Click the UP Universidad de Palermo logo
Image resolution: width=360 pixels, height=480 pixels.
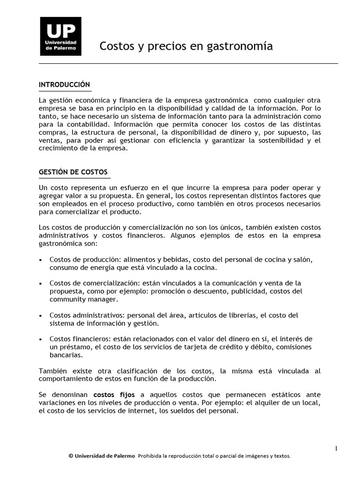(60, 36)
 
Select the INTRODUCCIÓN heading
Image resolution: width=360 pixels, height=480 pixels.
(64, 85)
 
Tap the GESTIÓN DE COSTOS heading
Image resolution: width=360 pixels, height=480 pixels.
(73, 172)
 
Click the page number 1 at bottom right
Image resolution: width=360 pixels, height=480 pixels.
(336, 449)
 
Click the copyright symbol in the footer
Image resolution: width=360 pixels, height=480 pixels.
(70, 456)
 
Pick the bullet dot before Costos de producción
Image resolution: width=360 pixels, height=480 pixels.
(41, 260)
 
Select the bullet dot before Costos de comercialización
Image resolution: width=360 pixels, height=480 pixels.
(41, 284)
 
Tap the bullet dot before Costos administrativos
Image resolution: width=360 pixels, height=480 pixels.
(41, 315)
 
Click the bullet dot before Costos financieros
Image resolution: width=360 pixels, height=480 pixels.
(41, 339)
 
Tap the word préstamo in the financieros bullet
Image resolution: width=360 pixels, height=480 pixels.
(73, 347)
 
